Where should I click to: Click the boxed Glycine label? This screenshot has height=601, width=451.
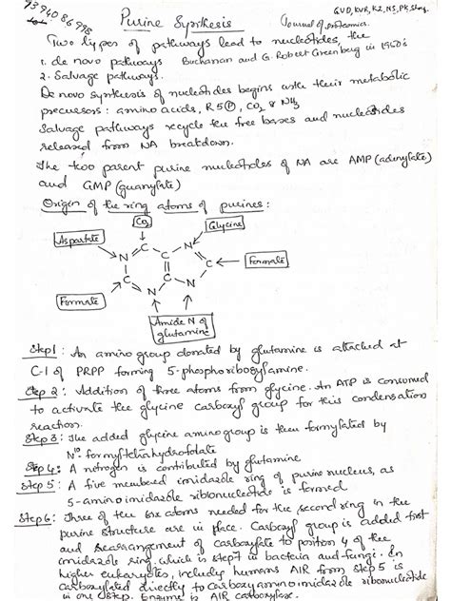click(225, 224)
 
